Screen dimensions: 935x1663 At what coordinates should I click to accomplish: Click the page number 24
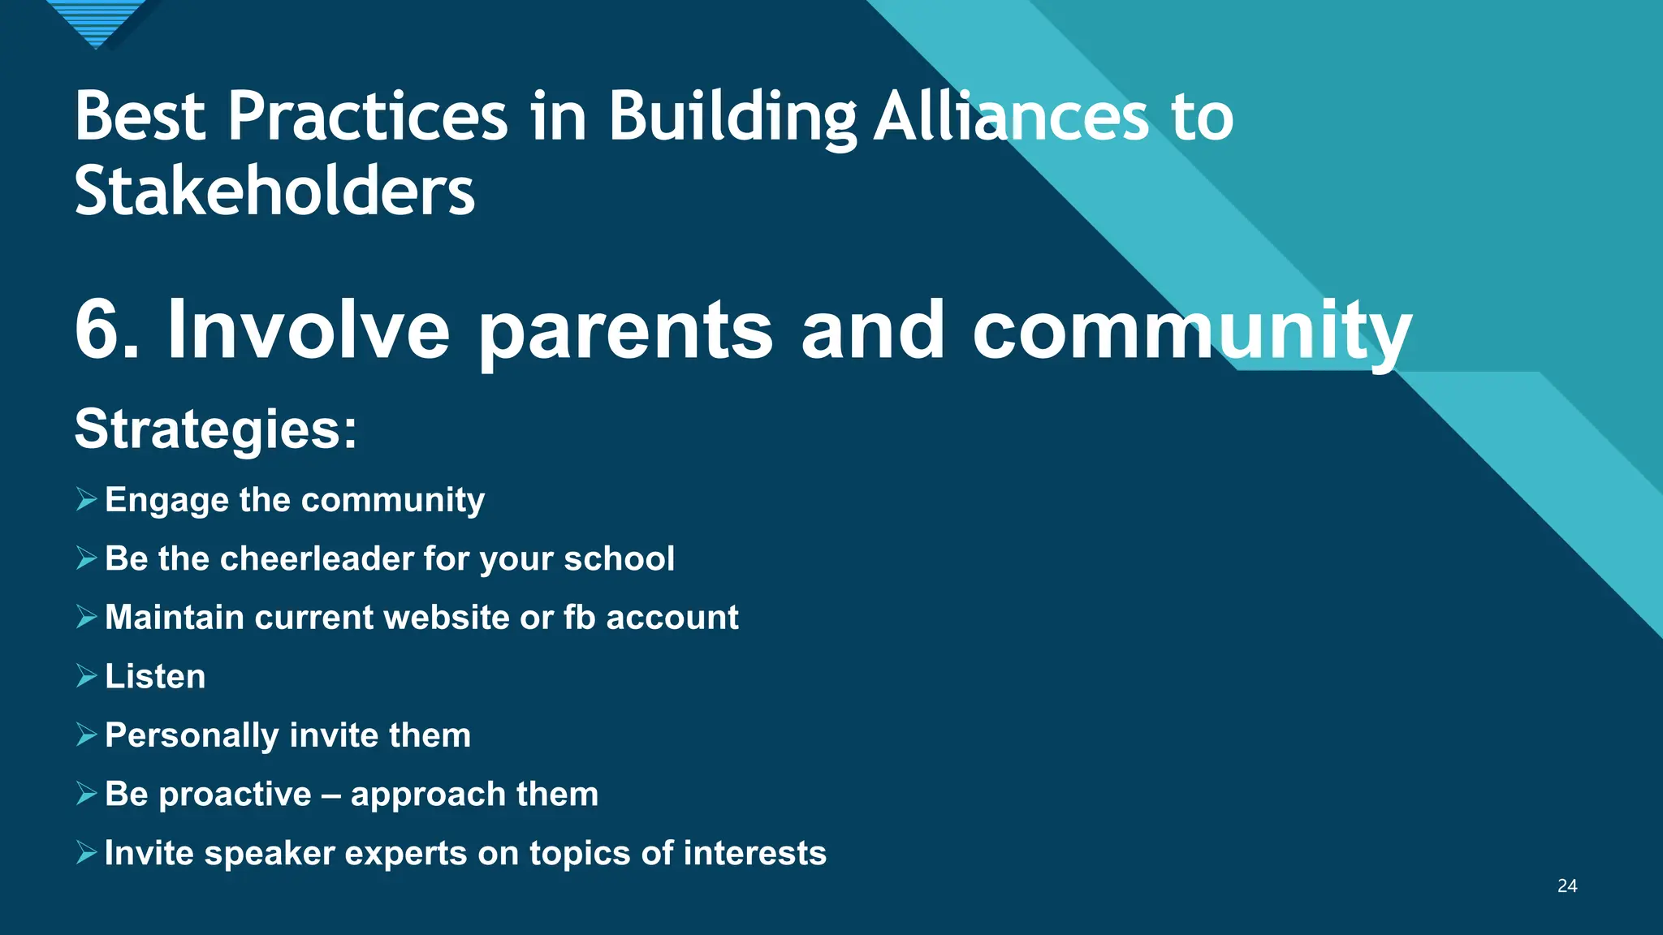coord(1567,886)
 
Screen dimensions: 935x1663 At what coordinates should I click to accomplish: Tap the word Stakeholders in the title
coord(274,192)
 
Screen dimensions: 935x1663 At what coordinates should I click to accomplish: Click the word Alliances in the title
coord(1011,117)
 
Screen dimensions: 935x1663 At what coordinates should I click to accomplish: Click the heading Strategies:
coord(216,429)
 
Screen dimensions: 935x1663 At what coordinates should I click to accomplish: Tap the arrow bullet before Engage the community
coord(86,499)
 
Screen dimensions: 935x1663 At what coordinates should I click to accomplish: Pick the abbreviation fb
coord(580,618)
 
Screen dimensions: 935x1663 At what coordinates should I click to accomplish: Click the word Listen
coord(155,676)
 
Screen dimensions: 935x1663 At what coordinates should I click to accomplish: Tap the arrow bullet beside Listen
coord(86,675)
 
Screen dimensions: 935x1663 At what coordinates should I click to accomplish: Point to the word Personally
coord(192,736)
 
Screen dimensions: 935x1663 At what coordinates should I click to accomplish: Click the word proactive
coord(235,795)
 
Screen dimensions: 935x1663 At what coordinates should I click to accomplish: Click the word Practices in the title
coord(367,117)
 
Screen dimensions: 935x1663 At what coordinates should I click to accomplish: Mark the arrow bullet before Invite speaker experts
coord(86,852)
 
